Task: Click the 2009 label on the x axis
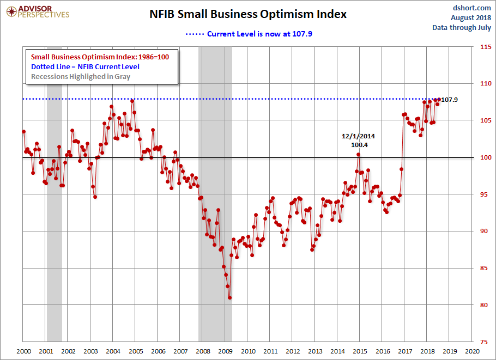tap(225, 352)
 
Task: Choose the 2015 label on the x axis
tap(360, 352)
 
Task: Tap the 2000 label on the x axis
tap(23, 352)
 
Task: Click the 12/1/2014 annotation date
tap(359, 136)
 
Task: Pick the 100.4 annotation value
tap(359, 145)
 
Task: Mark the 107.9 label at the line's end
tap(449, 100)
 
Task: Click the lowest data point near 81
tap(230, 297)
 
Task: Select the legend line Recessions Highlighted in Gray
tap(81, 76)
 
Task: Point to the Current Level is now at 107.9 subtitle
tap(259, 34)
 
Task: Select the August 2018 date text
tap(471, 17)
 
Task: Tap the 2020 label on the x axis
tap(471, 352)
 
